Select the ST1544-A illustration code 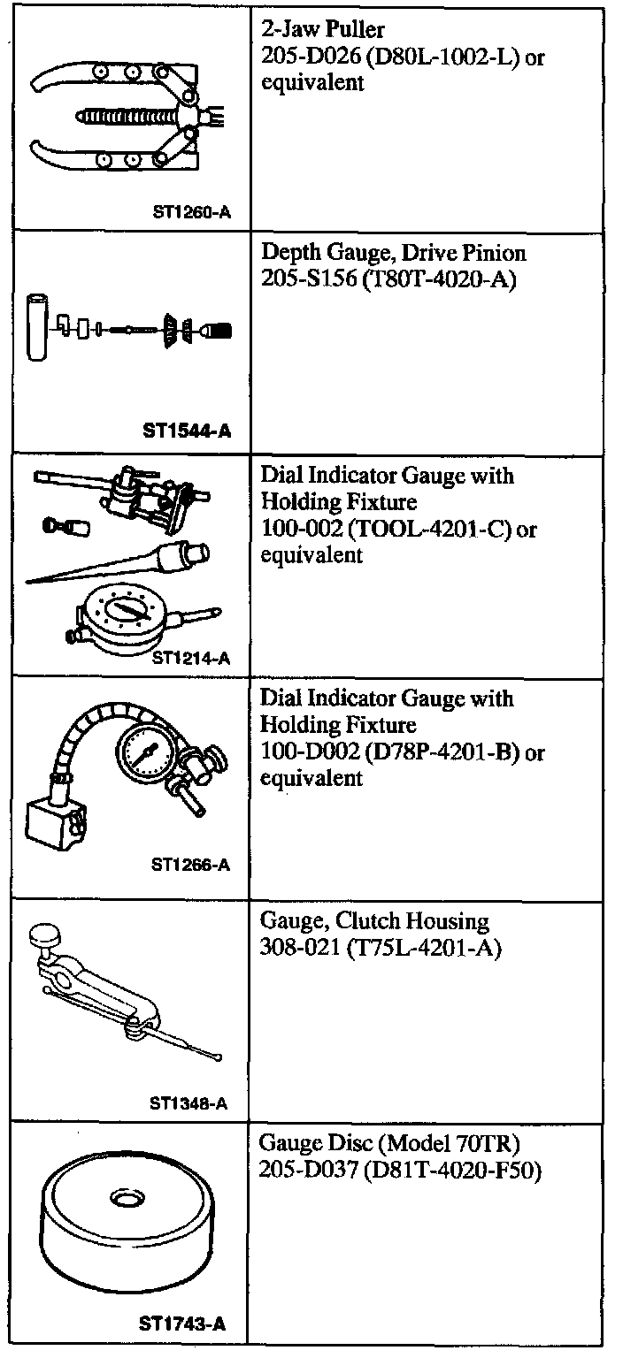(187, 431)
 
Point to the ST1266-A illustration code (190, 865)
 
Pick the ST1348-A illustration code (189, 1103)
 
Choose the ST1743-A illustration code (182, 1324)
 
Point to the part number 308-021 (296, 949)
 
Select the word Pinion (493, 255)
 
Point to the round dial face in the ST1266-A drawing (143, 755)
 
